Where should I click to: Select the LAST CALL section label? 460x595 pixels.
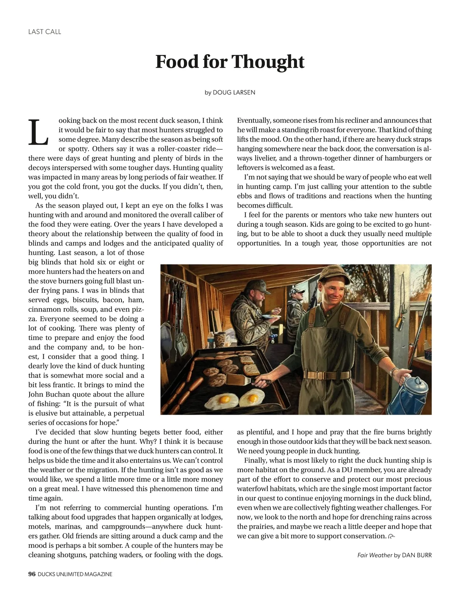[x=45, y=32]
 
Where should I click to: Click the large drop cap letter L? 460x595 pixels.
[x=38, y=133]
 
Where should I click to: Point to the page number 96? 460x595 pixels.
[x=32, y=574]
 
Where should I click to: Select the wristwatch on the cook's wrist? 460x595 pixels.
[x=393, y=371]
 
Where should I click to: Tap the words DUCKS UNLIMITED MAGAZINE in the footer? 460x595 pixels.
[x=75, y=574]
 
